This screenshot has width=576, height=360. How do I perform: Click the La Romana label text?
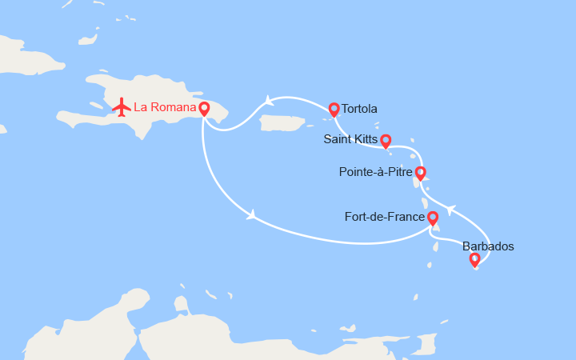pos(165,106)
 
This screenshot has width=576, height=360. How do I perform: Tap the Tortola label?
pos(359,109)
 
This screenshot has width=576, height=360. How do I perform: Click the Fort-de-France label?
pos(384,216)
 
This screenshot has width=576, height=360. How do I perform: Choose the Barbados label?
pos(488,246)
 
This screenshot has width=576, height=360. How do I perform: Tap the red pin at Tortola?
pos(334,109)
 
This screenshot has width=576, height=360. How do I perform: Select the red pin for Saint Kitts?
pos(386,140)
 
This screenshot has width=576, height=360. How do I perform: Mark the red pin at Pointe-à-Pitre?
pos(420,172)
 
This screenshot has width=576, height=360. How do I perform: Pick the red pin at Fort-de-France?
pos(433,217)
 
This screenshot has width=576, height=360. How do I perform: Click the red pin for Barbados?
pos(474,258)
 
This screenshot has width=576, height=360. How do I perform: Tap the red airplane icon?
pos(122,106)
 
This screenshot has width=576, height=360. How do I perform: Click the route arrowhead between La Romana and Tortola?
pos(267,101)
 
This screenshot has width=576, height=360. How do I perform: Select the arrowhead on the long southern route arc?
pos(252,214)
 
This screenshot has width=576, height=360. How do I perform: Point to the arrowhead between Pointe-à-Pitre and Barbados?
pos(450,210)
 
